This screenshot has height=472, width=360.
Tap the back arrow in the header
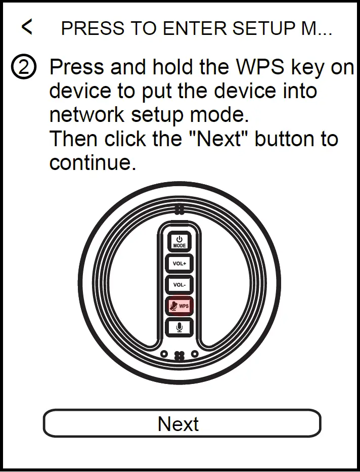pyautogui.click(x=27, y=27)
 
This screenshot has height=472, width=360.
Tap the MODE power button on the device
pyautogui.click(x=179, y=241)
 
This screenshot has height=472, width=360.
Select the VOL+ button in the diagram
pyautogui.click(x=179, y=264)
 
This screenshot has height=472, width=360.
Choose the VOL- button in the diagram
pyautogui.click(x=179, y=285)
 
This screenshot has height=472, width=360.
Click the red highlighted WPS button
pyautogui.click(x=179, y=306)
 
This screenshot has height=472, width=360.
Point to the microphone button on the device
pyautogui.click(x=179, y=327)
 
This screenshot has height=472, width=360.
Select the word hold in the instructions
pyautogui.click(x=162, y=67)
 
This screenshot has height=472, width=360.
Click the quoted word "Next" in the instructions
pyautogui.click(x=222, y=139)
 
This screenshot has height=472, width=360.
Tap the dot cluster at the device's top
pyautogui.click(x=179, y=208)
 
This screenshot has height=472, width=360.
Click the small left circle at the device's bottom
pyautogui.click(x=164, y=354)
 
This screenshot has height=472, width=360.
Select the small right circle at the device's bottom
pyautogui.click(x=195, y=354)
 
